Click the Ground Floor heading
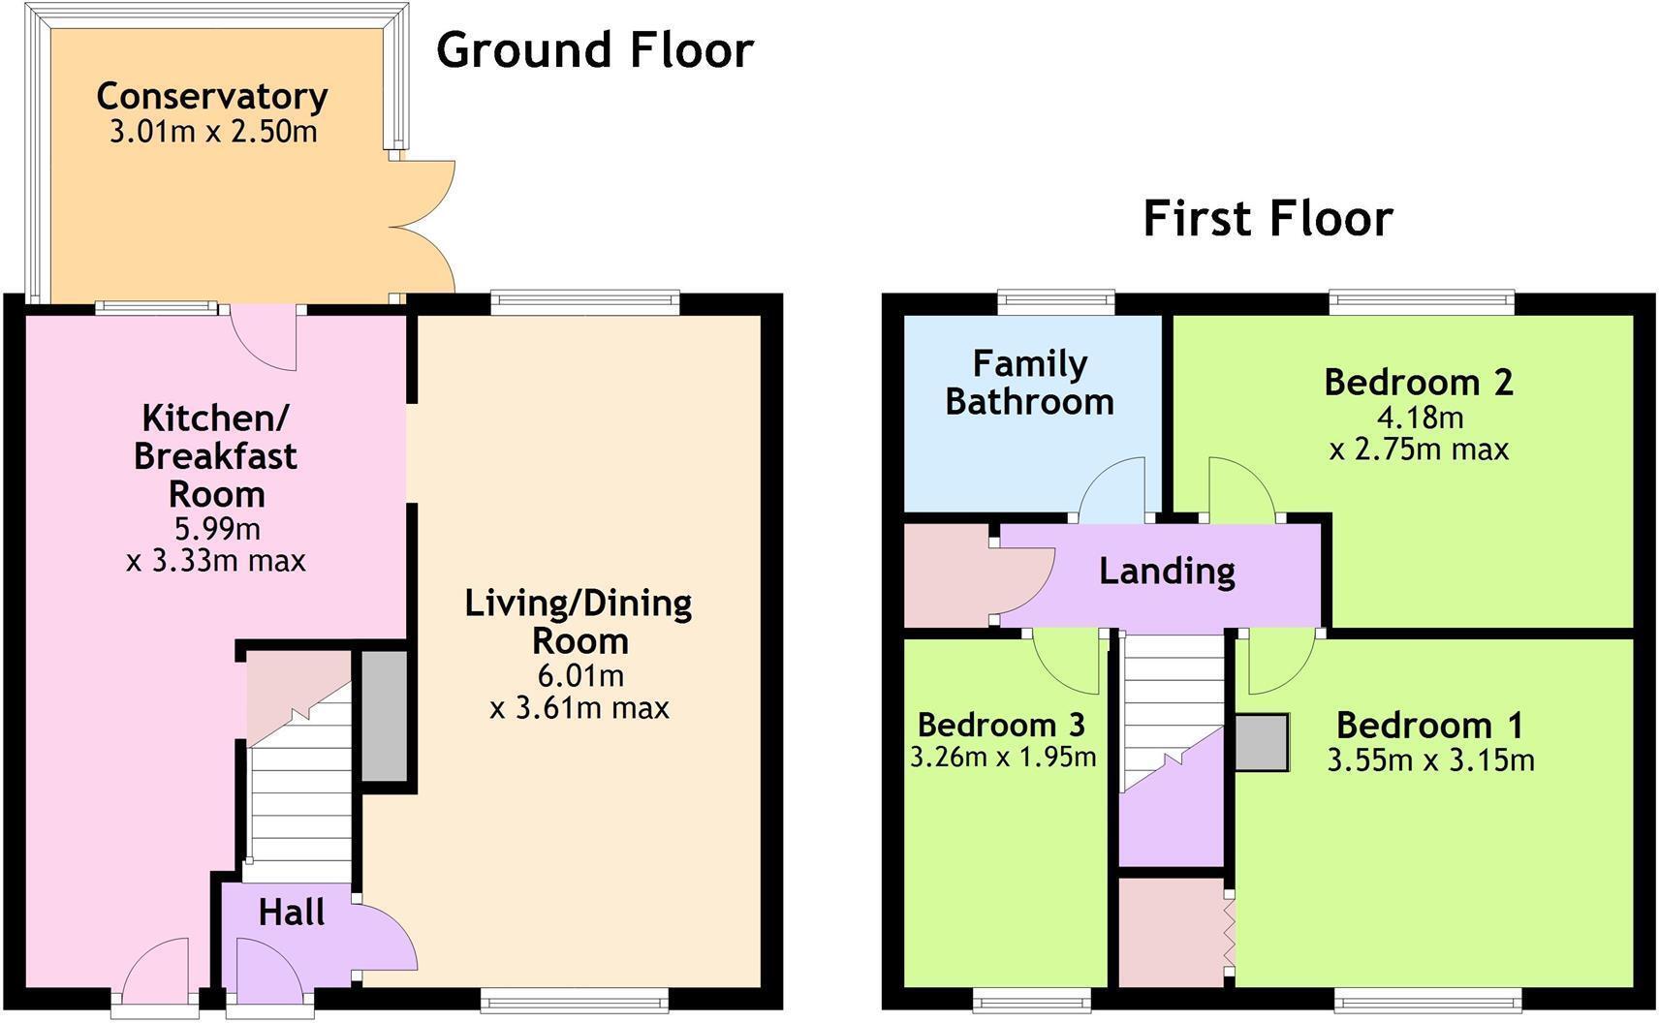[594, 50]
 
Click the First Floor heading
[1268, 218]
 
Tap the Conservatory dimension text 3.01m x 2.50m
[213, 132]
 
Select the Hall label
[291, 913]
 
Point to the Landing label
[1167, 571]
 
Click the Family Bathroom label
[1029, 383]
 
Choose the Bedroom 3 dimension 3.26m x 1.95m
[1003, 757]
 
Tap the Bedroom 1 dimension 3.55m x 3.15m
[1430, 760]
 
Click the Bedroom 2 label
[1418, 382]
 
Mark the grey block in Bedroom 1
[1262, 743]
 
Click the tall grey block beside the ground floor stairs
[385, 716]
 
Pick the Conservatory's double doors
[423, 228]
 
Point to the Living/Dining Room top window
[584, 303]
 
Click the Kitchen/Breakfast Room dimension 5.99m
[217, 529]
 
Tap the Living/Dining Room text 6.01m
[579, 675]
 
